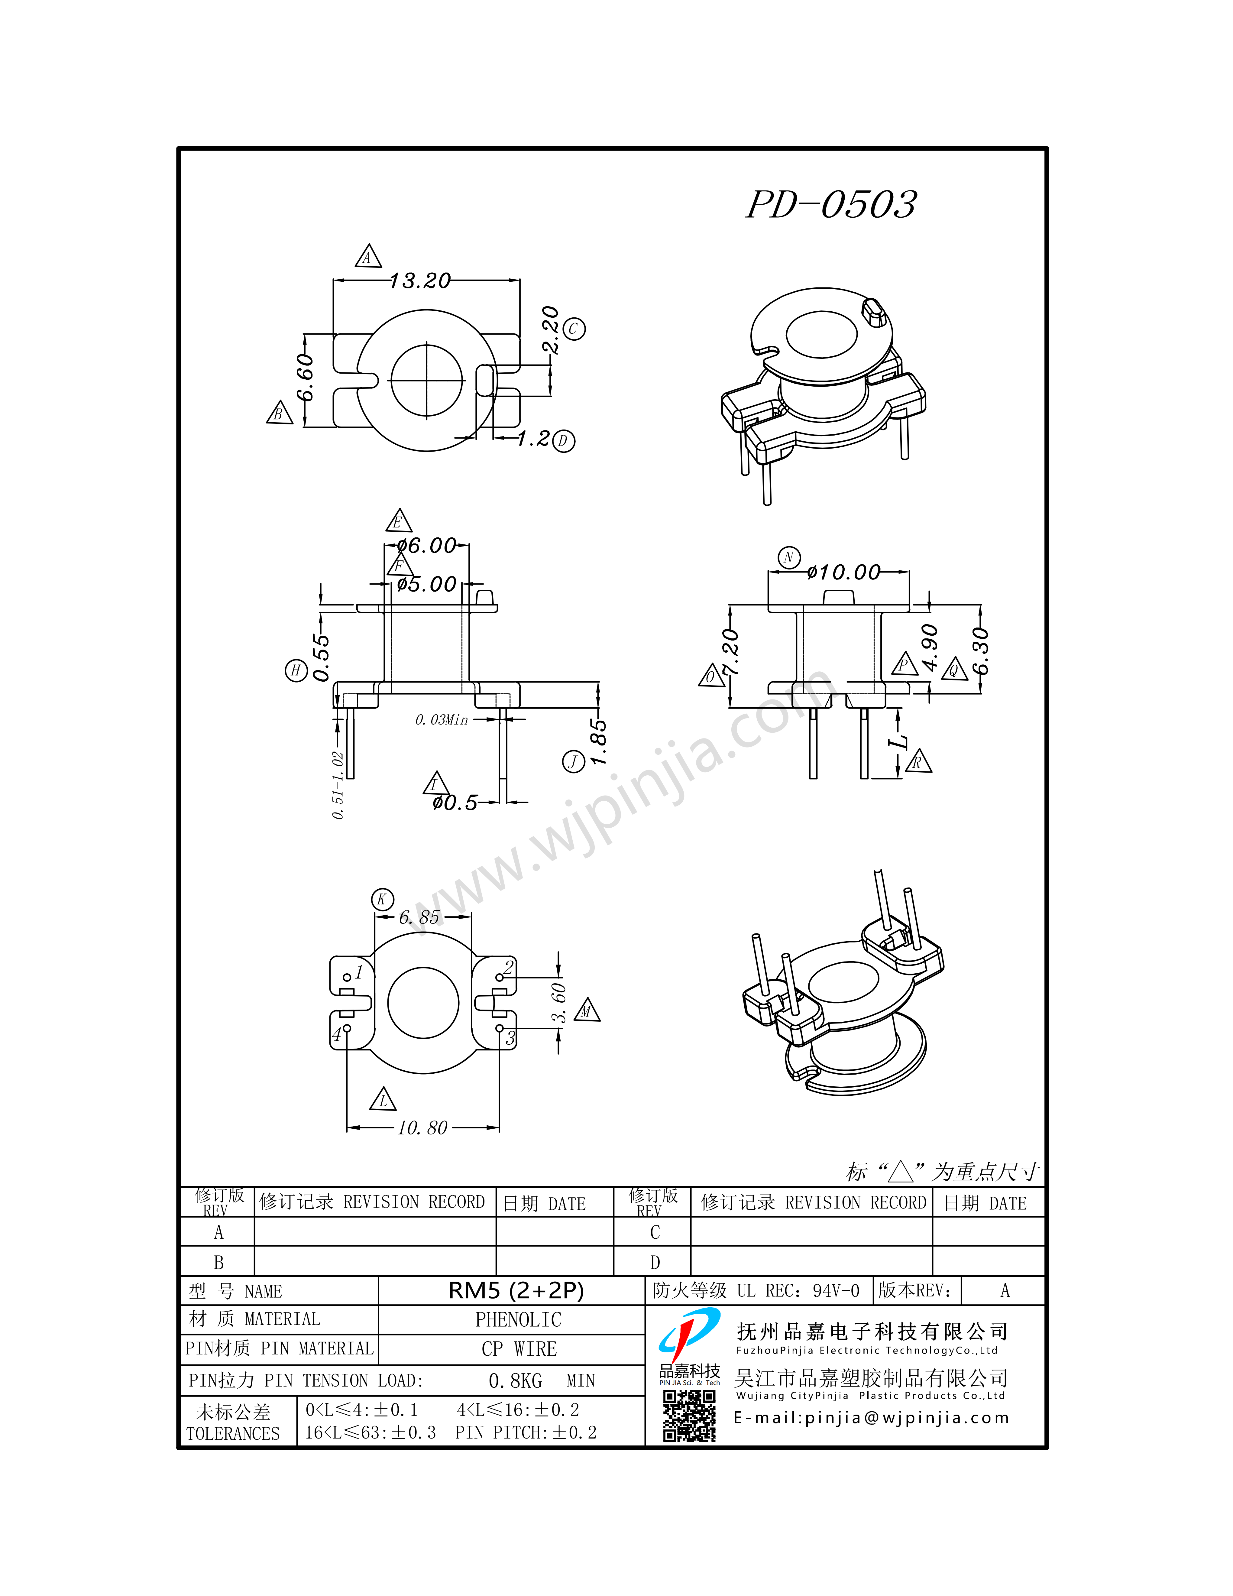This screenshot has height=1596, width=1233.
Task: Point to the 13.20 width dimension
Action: [x=420, y=281]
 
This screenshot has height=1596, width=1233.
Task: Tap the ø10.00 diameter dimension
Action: [x=844, y=572]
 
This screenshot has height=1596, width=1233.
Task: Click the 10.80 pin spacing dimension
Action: [x=422, y=1127]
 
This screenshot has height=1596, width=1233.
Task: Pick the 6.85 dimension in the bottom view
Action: [x=419, y=917]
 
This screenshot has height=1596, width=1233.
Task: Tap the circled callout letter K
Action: [x=382, y=900]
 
